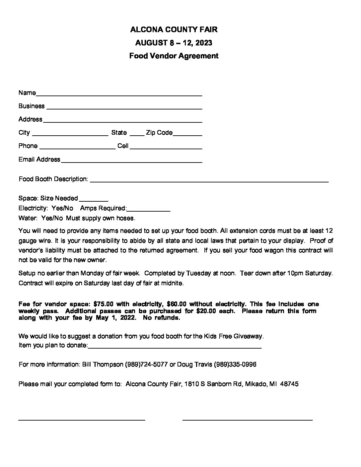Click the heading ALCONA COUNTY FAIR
(x=174, y=30)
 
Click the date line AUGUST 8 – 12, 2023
(x=174, y=43)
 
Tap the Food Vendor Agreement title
(x=174, y=56)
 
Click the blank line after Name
(x=119, y=95)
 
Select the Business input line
(x=124, y=108)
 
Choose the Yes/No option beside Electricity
(x=62, y=208)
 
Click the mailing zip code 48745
(x=289, y=384)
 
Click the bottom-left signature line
(x=82, y=420)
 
